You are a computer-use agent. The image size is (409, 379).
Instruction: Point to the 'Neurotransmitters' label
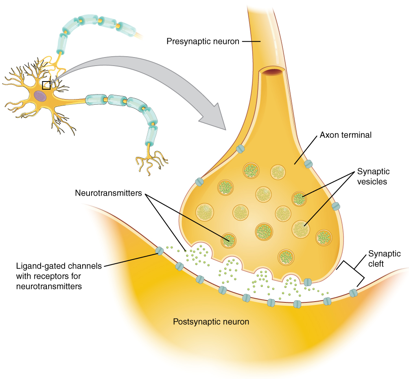(x=108, y=193)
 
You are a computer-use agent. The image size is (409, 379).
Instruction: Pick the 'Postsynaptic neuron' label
(x=211, y=322)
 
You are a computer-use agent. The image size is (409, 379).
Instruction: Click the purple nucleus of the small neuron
(x=40, y=96)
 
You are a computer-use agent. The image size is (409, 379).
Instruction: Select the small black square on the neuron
(x=46, y=85)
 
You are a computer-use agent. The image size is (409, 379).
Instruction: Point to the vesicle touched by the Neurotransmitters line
(x=229, y=240)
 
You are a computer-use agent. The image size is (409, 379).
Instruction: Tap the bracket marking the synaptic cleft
(x=350, y=271)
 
